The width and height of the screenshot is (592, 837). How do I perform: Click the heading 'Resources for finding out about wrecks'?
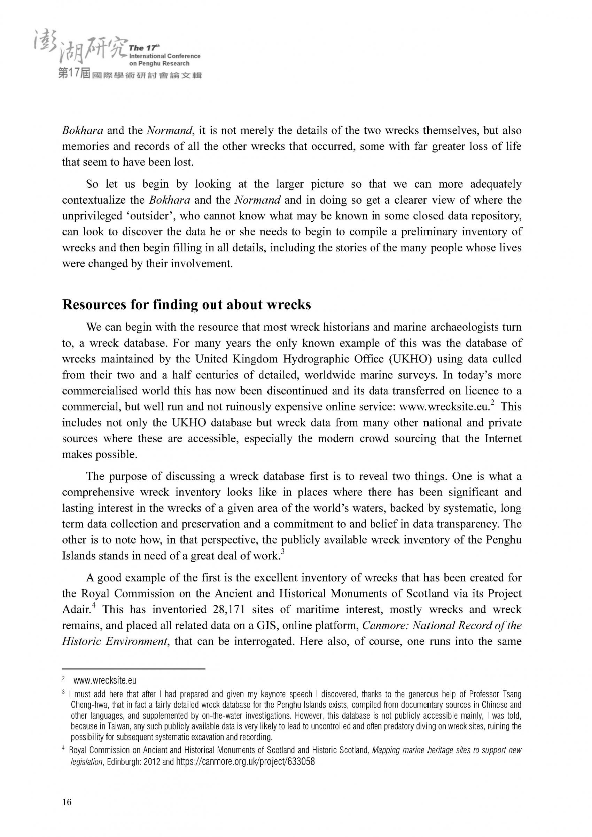[x=186, y=305]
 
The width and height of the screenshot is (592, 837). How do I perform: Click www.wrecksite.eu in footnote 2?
[x=105, y=681]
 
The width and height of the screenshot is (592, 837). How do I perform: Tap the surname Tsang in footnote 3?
[x=512, y=694]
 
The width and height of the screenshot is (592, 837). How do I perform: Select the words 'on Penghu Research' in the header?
[x=159, y=63]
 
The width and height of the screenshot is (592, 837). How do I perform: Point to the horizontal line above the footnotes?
[x=134, y=669]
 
